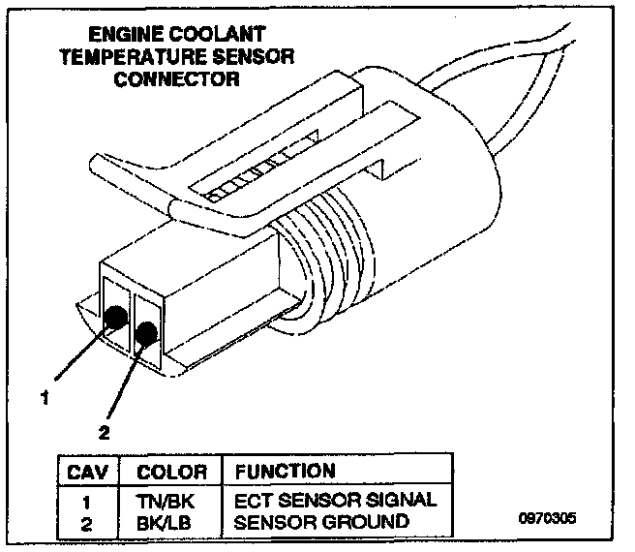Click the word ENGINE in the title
110,35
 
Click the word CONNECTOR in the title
176,78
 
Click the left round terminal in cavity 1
115,316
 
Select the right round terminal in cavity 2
147,334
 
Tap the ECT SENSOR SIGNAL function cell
335,501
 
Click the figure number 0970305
547,517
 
